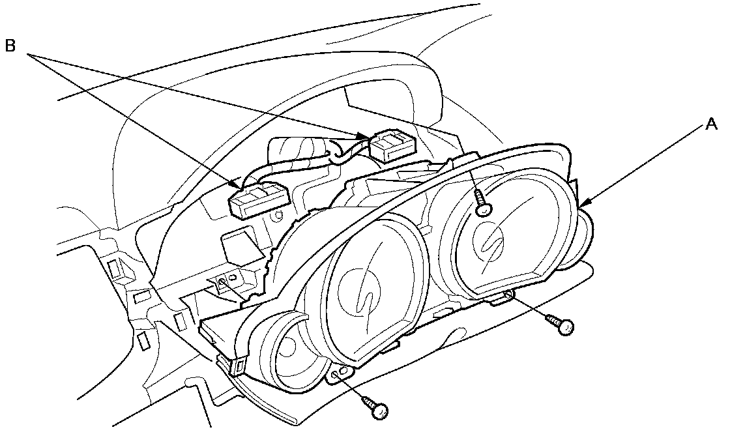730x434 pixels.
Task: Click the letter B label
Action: (11, 47)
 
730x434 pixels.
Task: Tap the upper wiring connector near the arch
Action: (391, 146)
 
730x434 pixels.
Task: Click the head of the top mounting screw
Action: (483, 208)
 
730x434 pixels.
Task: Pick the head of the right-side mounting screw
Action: (565, 326)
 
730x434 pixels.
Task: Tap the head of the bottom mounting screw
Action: (379, 409)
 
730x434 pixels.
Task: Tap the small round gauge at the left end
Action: (287, 349)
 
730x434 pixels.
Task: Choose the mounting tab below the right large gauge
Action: (503, 298)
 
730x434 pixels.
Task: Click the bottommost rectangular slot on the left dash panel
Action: (143, 339)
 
